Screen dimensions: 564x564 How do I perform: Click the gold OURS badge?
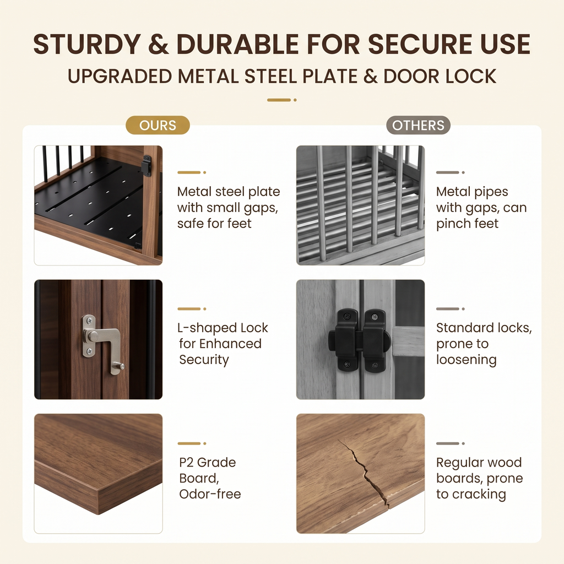158,125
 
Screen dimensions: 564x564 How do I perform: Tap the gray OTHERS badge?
418,125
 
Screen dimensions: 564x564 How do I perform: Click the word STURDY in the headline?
86,44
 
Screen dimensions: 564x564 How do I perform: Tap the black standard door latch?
360,340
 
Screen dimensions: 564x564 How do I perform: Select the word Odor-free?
210,494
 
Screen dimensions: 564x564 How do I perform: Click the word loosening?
466,360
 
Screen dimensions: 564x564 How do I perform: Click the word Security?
204,360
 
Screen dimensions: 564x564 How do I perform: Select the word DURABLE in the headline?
238,44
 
